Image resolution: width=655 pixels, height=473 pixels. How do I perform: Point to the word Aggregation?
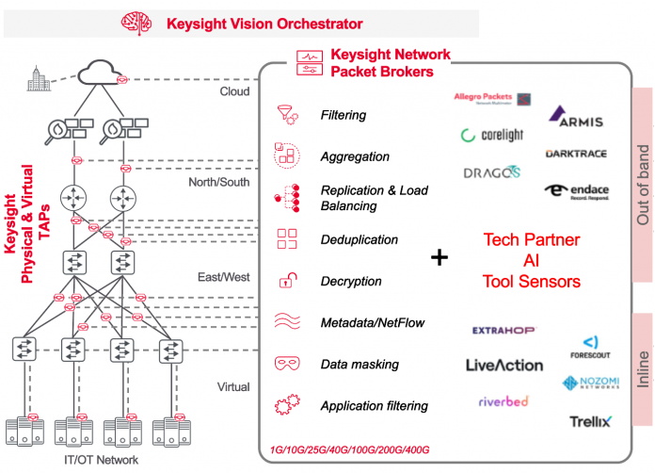coord(355,156)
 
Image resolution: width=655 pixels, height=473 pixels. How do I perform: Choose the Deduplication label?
coord(359,239)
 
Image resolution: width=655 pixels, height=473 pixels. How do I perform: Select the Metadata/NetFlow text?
coord(373,322)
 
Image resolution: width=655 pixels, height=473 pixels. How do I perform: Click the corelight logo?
coord(492,136)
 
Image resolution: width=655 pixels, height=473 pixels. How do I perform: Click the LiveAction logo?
coord(504,365)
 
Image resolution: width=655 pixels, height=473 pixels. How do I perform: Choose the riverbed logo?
coord(503,400)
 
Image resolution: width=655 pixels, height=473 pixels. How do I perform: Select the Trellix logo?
coord(589,421)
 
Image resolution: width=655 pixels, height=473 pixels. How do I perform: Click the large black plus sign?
coord(439,256)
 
